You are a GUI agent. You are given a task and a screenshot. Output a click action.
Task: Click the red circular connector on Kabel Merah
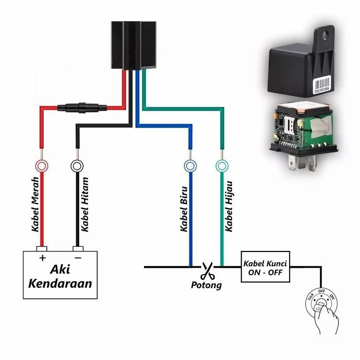click(x=41, y=166)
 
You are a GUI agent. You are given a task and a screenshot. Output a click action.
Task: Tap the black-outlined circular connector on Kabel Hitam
click(x=77, y=166)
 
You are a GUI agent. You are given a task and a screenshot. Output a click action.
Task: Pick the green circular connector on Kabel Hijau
click(x=222, y=166)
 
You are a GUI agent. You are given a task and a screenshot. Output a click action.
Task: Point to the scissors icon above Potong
click(x=207, y=269)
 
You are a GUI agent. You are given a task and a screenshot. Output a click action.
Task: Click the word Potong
click(x=206, y=284)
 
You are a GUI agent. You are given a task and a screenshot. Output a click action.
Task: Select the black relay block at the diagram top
click(x=134, y=45)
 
